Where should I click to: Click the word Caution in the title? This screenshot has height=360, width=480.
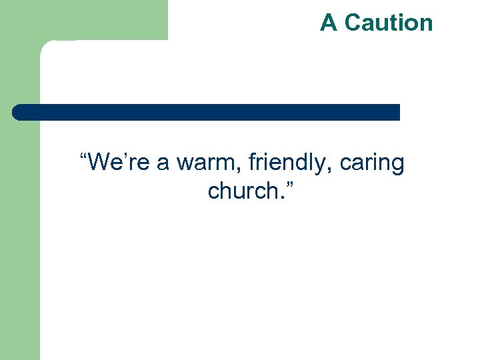coord(389,23)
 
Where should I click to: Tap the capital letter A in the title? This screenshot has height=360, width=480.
coord(329,23)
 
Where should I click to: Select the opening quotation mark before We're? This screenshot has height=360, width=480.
coord(83,157)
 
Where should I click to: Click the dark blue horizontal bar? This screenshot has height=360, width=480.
coord(207,112)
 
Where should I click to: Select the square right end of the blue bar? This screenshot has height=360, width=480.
coord(395,112)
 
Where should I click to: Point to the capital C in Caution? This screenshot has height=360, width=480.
coord(353,23)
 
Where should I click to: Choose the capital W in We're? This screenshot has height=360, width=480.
coord(99,162)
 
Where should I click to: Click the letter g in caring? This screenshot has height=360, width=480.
coord(398,166)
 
